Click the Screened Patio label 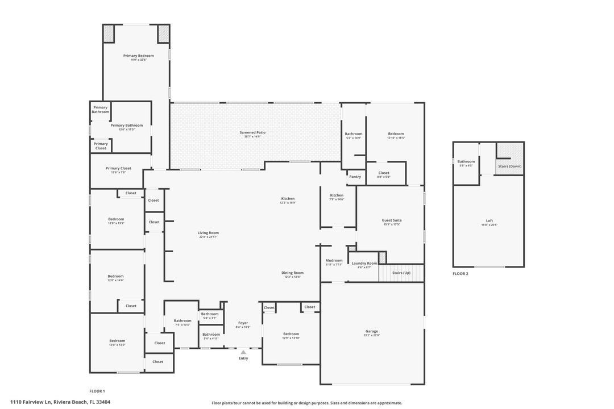click(x=252, y=132)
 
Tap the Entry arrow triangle click(x=243, y=352)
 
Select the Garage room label click(x=371, y=331)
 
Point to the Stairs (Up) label click(x=401, y=273)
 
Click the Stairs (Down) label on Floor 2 click(x=510, y=166)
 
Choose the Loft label click(x=489, y=221)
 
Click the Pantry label click(x=355, y=177)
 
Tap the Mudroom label click(x=334, y=261)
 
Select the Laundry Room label click(x=364, y=263)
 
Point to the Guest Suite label click(x=392, y=220)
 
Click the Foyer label click(x=243, y=323)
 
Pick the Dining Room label click(x=292, y=273)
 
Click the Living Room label click(x=208, y=233)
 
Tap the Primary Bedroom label click(x=138, y=56)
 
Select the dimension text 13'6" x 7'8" click(x=118, y=173)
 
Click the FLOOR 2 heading click(x=460, y=274)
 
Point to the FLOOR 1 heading click(x=97, y=391)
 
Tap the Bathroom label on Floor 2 click(x=466, y=161)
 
